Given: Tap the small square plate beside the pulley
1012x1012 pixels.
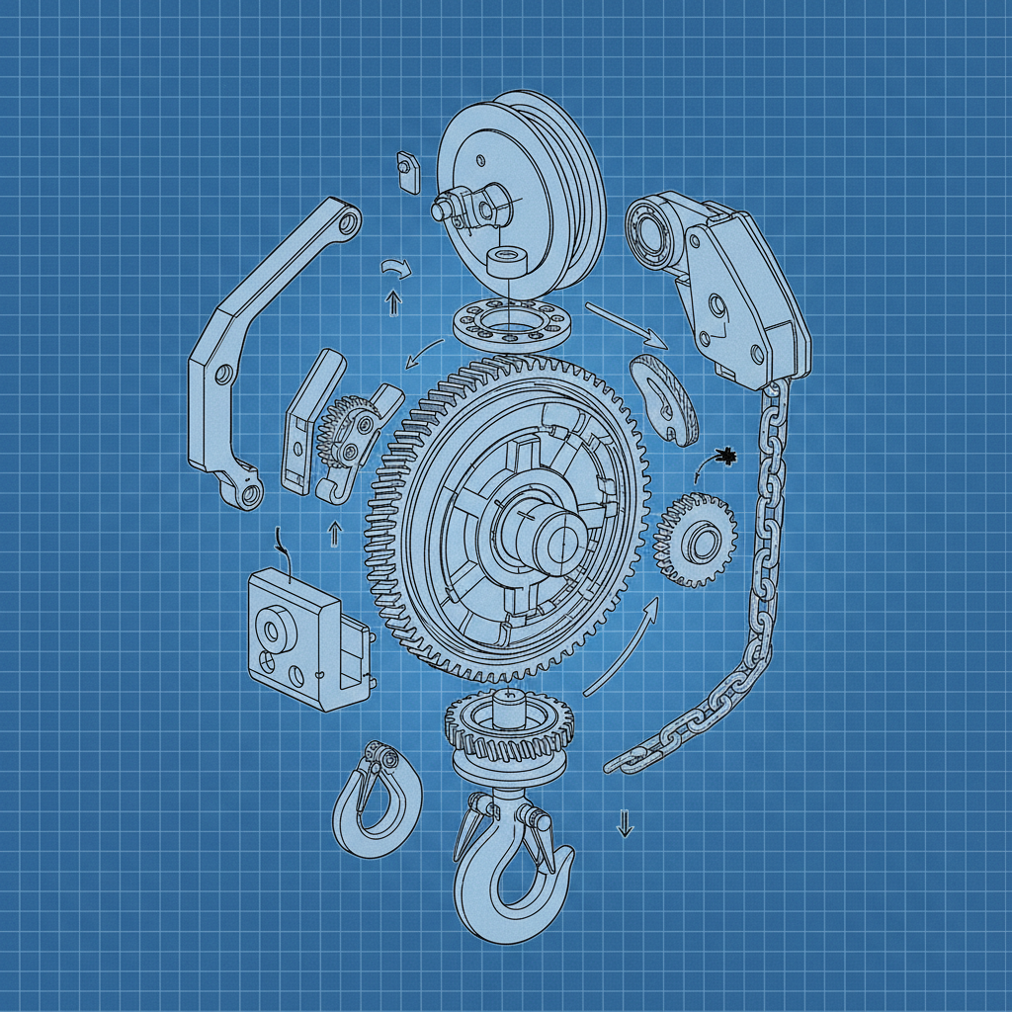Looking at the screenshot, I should [406, 169].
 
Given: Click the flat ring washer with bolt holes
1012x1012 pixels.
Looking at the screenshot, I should [514, 322].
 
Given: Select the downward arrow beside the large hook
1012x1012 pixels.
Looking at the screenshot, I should [624, 822].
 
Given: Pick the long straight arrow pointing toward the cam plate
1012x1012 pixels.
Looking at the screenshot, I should [627, 326].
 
